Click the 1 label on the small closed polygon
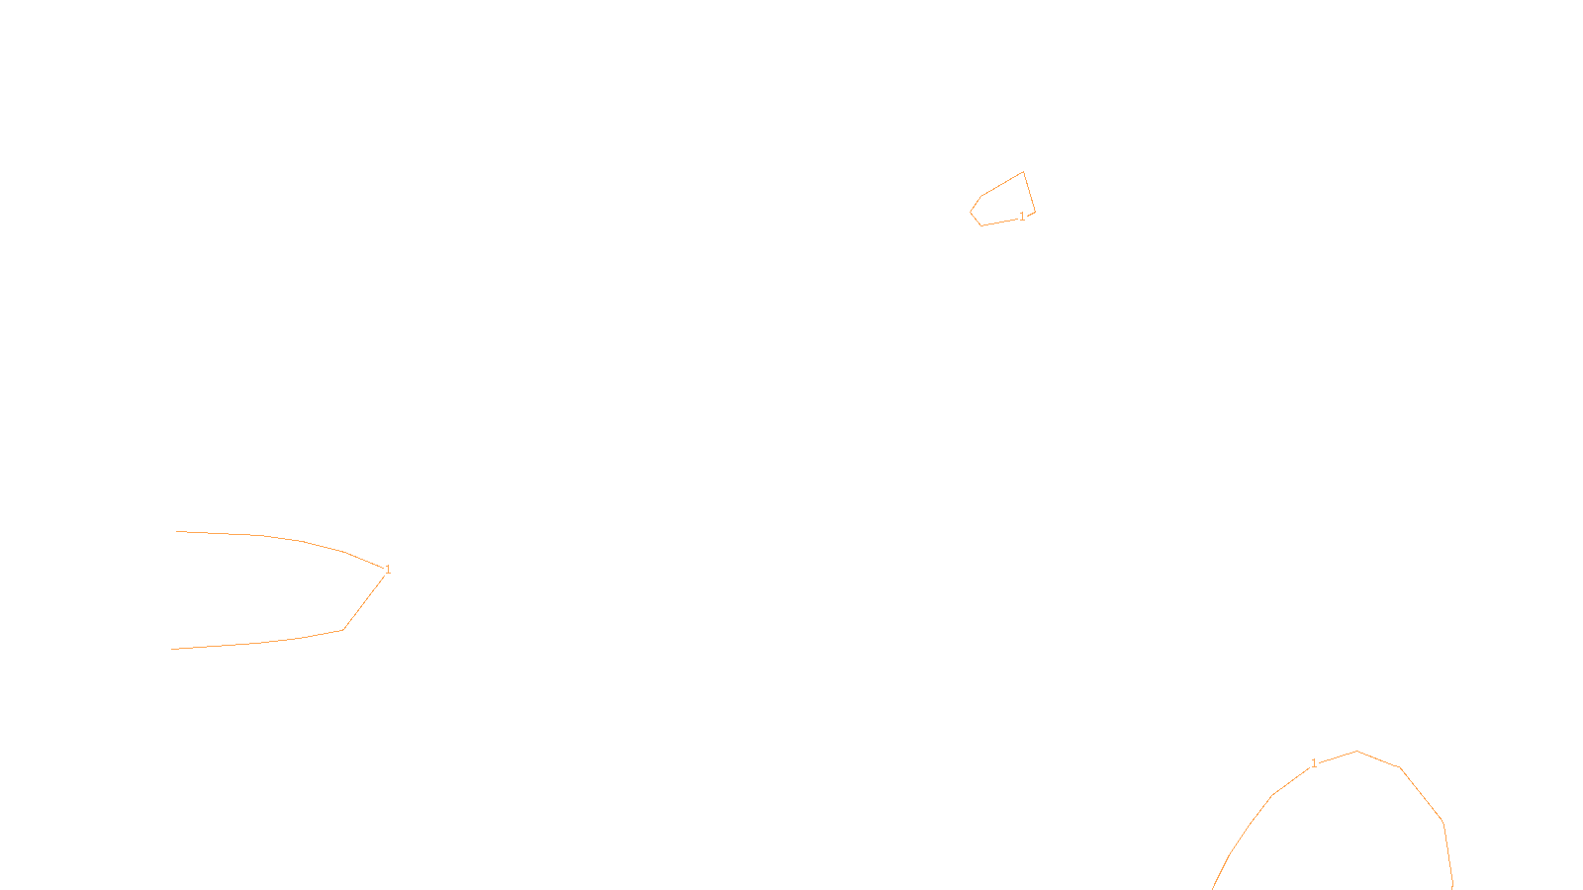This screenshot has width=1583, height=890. [x=1022, y=217]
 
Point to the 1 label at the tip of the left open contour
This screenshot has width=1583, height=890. [x=388, y=570]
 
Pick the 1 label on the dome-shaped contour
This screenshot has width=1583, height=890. [x=1314, y=763]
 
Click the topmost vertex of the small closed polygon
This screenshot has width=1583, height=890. [x=1023, y=172]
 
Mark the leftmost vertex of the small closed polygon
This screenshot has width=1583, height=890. [x=971, y=212]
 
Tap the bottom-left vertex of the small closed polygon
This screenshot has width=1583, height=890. [x=981, y=225]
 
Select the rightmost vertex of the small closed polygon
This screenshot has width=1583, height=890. [x=1035, y=211]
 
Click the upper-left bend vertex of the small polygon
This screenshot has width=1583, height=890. [x=981, y=195]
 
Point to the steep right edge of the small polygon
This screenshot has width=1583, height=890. [x=1029, y=192]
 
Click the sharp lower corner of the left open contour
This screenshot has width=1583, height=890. [x=343, y=629]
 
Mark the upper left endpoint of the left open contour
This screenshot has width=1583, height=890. [x=176, y=532]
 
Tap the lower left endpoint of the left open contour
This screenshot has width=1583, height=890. [x=171, y=650]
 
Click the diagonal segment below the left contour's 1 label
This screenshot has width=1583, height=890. [x=364, y=601]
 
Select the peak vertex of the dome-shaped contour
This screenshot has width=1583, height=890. [x=1356, y=751]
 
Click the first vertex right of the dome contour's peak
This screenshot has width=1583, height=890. [x=1400, y=767]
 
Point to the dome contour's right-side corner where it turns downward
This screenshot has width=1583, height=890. [x=1443, y=822]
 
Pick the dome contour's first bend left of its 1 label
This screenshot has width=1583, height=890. [x=1272, y=795]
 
